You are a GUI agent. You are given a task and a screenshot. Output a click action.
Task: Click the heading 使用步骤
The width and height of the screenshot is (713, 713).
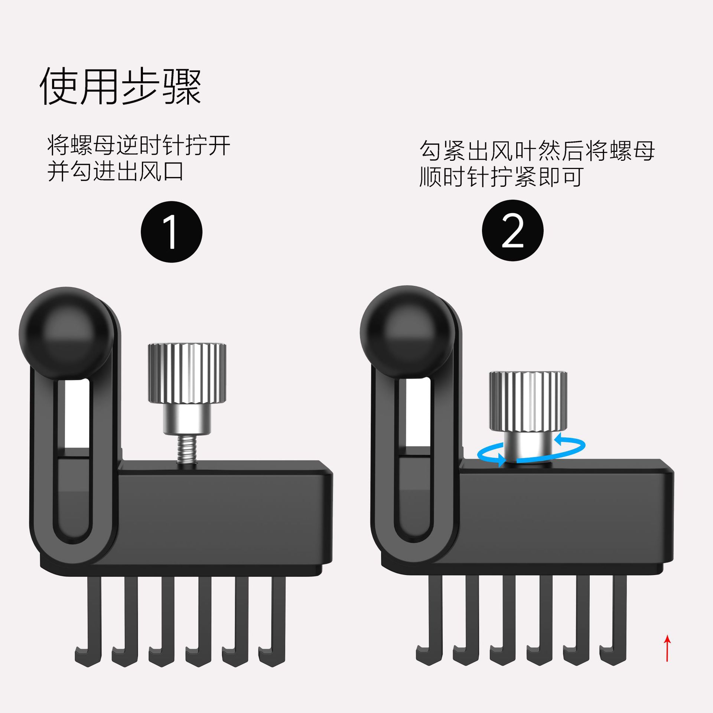[x=121, y=87]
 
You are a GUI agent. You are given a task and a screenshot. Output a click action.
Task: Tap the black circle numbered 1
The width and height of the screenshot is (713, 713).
[x=171, y=232]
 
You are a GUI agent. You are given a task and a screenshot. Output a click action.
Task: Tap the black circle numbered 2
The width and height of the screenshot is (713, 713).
[x=512, y=231]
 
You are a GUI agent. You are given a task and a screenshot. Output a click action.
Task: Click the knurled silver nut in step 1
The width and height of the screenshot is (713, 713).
[x=187, y=372]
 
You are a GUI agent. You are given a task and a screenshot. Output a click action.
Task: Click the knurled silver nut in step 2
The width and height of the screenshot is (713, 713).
[x=528, y=400]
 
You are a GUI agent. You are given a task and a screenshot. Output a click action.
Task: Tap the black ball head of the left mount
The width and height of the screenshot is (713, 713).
[x=66, y=333]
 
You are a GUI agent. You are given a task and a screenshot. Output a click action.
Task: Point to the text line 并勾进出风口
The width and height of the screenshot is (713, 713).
[x=115, y=172]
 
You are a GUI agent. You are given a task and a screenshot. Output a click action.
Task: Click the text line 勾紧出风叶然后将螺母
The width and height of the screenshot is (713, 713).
[x=537, y=151]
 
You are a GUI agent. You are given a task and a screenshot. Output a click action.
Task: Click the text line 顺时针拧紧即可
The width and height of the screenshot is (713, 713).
[x=501, y=177]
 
